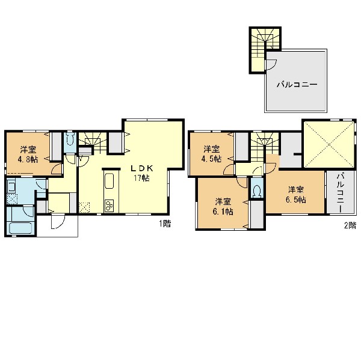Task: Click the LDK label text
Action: (x=142, y=169)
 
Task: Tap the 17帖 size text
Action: (x=141, y=178)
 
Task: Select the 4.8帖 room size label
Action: (x=28, y=159)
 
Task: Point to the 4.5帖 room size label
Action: (x=211, y=159)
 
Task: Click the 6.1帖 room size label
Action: (x=223, y=212)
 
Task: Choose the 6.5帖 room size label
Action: (x=296, y=200)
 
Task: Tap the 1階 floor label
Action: (x=165, y=224)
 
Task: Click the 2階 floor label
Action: (x=350, y=225)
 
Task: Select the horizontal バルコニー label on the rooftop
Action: (x=297, y=85)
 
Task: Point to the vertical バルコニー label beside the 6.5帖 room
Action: (x=341, y=193)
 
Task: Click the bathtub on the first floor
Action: (x=20, y=228)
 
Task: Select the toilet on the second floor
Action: (x=257, y=190)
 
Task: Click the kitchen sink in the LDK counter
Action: (x=110, y=181)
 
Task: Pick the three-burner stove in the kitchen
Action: (x=109, y=206)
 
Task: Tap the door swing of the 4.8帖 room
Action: (x=57, y=169)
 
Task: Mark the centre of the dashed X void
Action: (x=329, y=144)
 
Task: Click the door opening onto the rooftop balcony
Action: (x=271, y=64)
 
